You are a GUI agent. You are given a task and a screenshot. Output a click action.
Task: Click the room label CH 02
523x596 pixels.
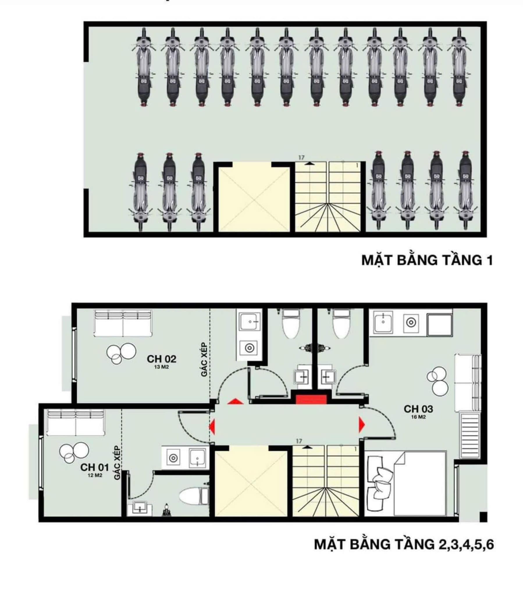[161, 359]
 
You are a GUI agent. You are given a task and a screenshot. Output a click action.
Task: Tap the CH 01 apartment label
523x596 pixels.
[95, 467]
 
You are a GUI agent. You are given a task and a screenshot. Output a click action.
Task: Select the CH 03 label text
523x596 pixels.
[418, 409]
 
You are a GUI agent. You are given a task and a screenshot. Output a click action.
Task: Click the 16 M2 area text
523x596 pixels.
[419, 417]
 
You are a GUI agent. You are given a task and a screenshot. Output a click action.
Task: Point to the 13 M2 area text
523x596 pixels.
[161, 367]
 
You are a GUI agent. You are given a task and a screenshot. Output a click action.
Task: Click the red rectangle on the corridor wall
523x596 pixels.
[311, 400]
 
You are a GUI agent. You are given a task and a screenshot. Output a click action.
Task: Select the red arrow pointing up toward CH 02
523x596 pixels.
[235, 402]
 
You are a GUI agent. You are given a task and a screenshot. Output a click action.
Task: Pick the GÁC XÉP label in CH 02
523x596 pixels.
[204, 360]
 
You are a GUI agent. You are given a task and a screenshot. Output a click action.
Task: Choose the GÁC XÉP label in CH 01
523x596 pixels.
[118, 463]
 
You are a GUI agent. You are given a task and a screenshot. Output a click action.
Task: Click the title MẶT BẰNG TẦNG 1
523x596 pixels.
[427, 260]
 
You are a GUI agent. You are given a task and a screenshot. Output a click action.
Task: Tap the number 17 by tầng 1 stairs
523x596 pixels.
[301, 158]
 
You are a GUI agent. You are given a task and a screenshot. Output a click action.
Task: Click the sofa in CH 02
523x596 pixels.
[123, 323]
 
